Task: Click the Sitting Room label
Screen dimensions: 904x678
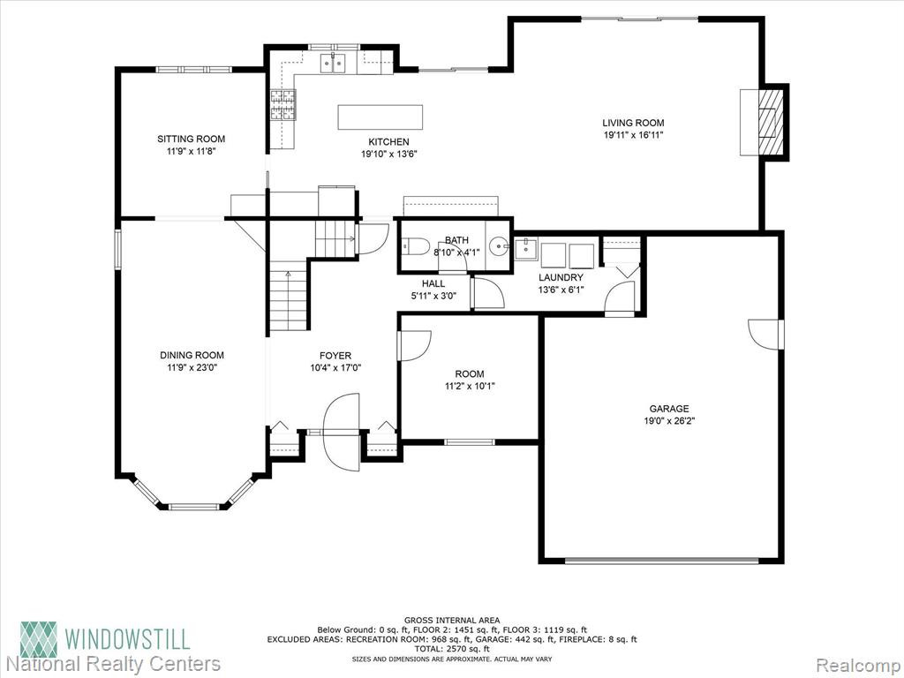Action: point(192,139)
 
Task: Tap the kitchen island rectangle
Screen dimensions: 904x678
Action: point(380,117)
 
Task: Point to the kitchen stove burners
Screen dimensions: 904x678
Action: point(282,105)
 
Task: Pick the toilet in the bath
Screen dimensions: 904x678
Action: point(415,246)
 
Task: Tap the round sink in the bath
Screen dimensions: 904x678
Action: point(499,247)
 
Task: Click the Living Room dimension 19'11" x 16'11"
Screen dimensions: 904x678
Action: point(633,135)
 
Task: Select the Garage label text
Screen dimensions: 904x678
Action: point(669,409)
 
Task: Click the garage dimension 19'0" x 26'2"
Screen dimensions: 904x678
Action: point(669,421)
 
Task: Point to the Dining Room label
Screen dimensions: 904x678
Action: point(192,355)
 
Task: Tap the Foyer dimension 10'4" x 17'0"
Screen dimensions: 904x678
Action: point(335,368)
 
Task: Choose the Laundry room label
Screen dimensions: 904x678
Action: point(561,278)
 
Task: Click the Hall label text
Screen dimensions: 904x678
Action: point(433,283)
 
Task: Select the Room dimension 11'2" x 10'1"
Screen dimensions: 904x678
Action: point(470,387)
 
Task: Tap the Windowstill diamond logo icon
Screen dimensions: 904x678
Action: point(39,639)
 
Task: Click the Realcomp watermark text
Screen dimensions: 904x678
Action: point(856,664)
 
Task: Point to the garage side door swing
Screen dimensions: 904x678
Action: point(765,335)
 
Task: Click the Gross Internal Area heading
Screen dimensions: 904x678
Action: point(452,621)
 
